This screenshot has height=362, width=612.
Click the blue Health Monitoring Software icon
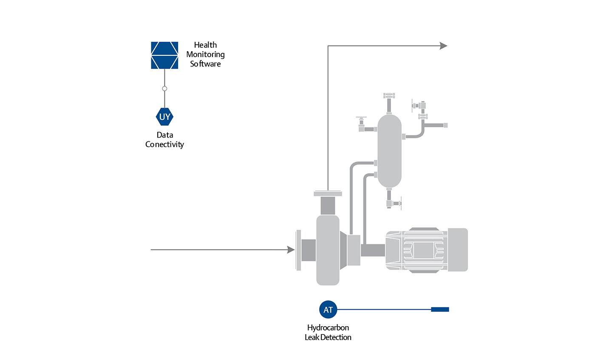(164, 55)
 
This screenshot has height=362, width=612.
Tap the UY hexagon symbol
(164, 117)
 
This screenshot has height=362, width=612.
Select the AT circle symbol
(328, 310)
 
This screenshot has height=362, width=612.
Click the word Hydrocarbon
(328, 328)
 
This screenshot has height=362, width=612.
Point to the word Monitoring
(205, 55)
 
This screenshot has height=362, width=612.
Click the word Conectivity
(164, 144)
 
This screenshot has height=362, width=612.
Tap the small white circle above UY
(164, 89)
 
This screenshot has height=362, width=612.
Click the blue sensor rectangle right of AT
(440, 310)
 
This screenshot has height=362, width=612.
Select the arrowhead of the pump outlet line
(443, 46)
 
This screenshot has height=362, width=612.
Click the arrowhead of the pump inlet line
(291, 250)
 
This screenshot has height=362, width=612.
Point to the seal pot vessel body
(389, 151)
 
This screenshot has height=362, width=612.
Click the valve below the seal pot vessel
(395, 204)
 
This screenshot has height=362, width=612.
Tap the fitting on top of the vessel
(389, 96)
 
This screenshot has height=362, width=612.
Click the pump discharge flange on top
(328, 194)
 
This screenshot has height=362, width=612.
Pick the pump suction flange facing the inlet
(298, 250)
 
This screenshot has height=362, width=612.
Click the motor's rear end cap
(458, 250)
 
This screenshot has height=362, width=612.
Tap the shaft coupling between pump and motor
(373, 250)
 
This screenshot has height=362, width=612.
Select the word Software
(205, 64)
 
